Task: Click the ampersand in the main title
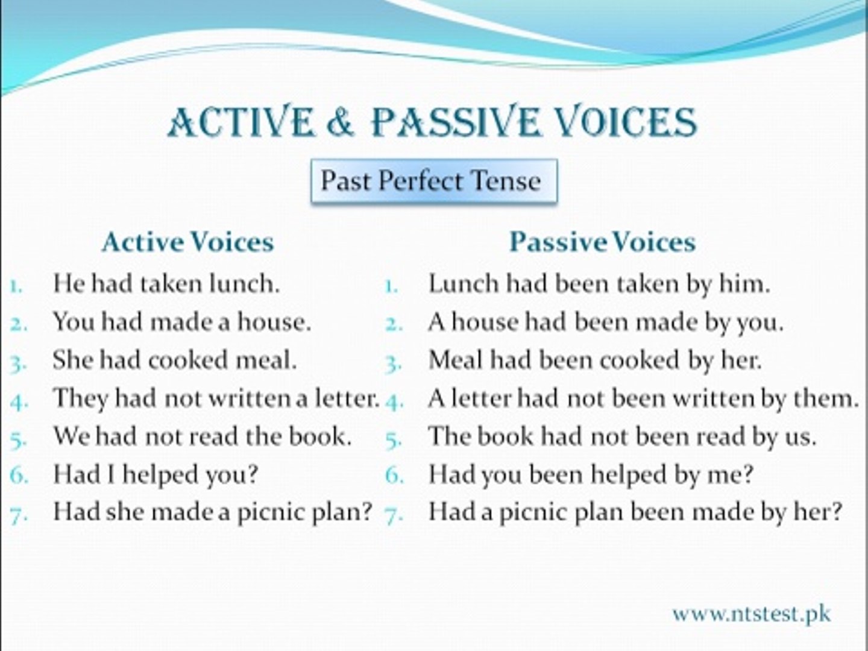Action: click(341, 122)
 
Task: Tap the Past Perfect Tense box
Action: click(433, 181)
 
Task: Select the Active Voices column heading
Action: click(187, 242)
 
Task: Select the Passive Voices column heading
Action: click(602, 242)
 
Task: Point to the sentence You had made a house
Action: click(181, 322)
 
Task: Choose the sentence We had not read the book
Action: click(202, 436)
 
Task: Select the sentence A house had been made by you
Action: click(606, 322)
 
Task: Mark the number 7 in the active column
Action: click(17, 514)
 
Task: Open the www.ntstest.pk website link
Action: click(751, 614)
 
